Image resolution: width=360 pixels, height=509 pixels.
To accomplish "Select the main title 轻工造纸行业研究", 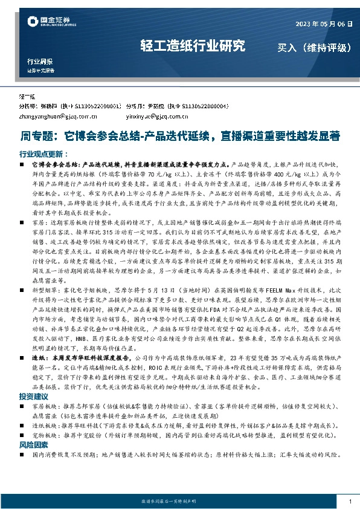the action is pos(193,46).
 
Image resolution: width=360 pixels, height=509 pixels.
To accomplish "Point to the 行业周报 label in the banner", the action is pos(40,62).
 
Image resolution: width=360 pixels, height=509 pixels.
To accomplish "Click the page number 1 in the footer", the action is pos(350,501).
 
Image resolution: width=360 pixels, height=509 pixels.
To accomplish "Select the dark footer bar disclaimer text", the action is pos(180,501).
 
